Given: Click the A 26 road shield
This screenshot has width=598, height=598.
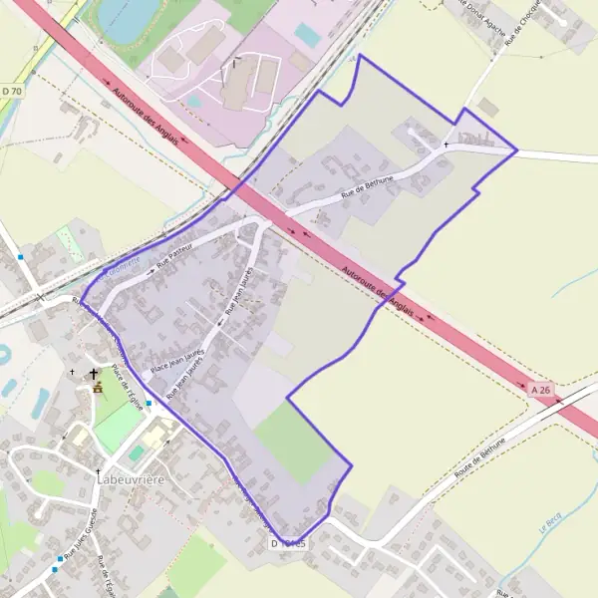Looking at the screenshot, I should (x=540, y=391).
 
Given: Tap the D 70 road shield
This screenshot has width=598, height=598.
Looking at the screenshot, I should (x=11, y=92).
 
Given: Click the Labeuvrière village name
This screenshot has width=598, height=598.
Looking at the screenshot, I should (x=132, y=479).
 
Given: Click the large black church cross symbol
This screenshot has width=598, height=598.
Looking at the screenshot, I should (x=95, y=374).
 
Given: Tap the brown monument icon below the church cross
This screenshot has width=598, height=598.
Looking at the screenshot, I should (x=97, y=388).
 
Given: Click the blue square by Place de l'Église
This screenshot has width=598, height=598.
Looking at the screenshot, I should (x=149, y=404).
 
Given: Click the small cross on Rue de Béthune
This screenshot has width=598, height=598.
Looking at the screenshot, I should (x=446, y=146).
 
